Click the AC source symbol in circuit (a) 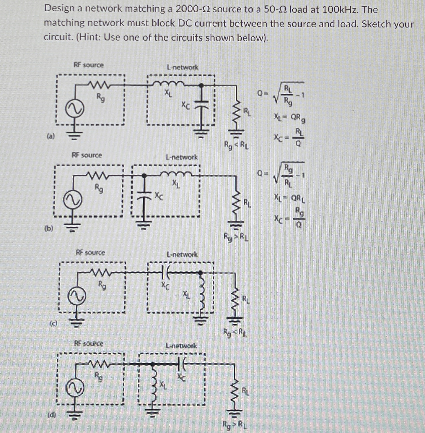click(75, 109)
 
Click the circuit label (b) click(49, 228)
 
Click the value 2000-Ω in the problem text click(193, 9)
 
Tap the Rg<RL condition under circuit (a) click(236, 145)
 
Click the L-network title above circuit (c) click(182, 254)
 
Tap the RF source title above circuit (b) click(87, 155)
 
